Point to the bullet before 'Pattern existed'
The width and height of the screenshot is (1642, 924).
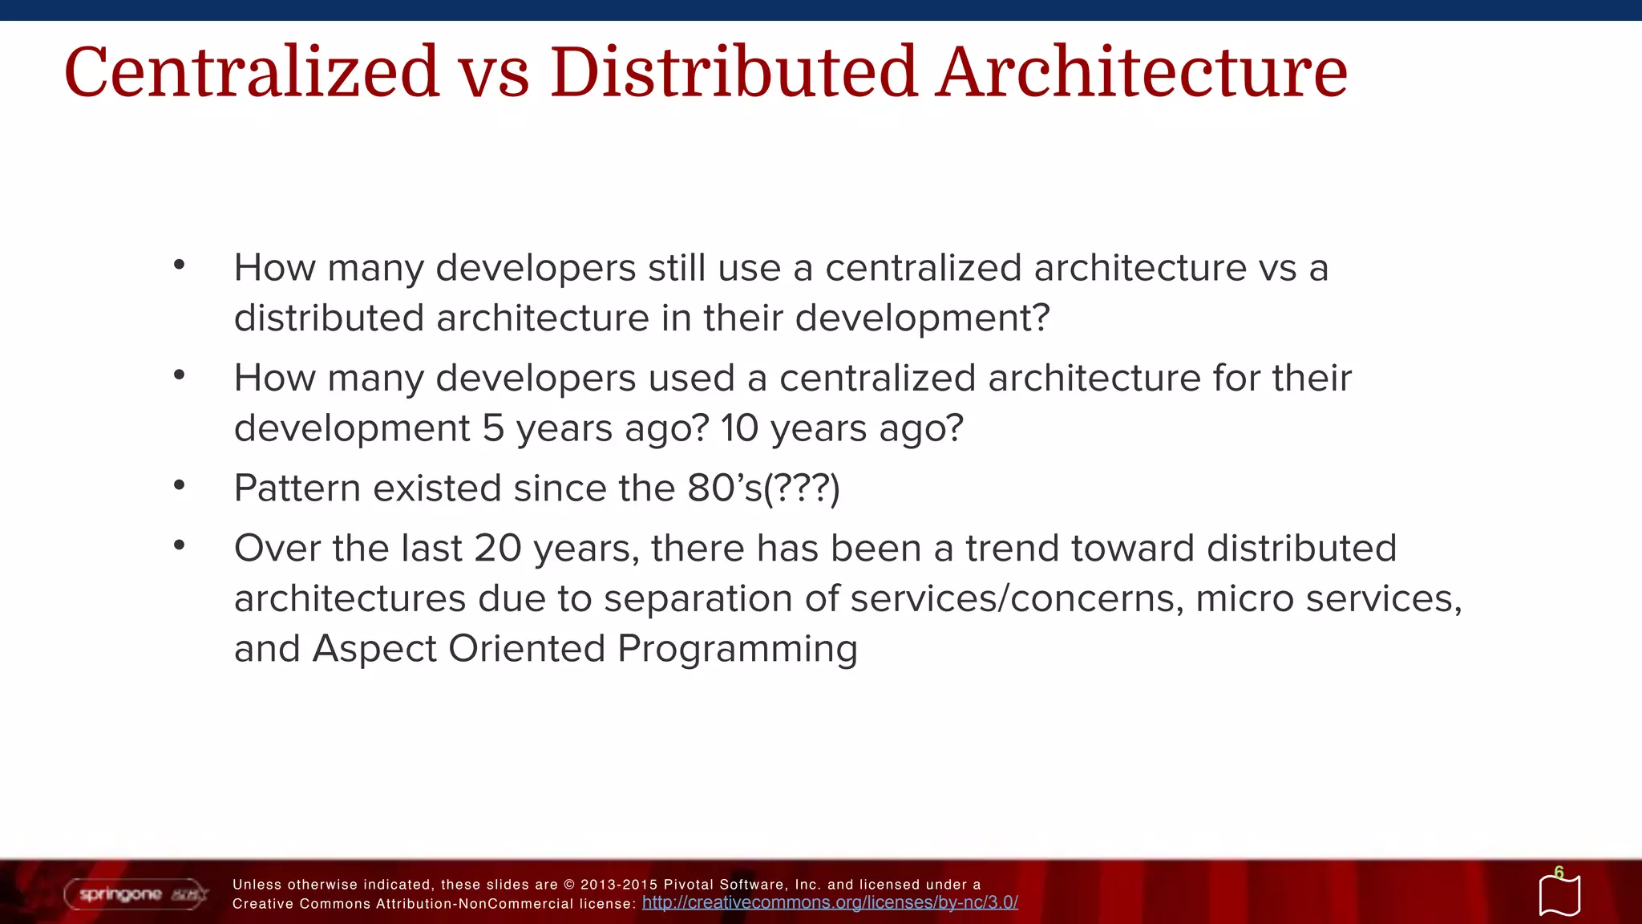point(179,484)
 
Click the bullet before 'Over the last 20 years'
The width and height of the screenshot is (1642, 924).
point(179,545)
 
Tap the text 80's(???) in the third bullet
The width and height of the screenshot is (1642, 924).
point(763,488)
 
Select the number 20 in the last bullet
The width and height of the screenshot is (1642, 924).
point(497,549)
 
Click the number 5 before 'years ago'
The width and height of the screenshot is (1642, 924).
point(493,428)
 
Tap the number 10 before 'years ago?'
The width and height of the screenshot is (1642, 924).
point(738,428)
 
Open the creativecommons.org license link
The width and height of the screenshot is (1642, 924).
point(830,903)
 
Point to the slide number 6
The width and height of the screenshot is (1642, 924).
point(1559,873)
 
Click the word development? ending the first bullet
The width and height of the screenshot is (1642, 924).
point(922,319)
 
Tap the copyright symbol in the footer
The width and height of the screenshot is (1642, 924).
point(569,885)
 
